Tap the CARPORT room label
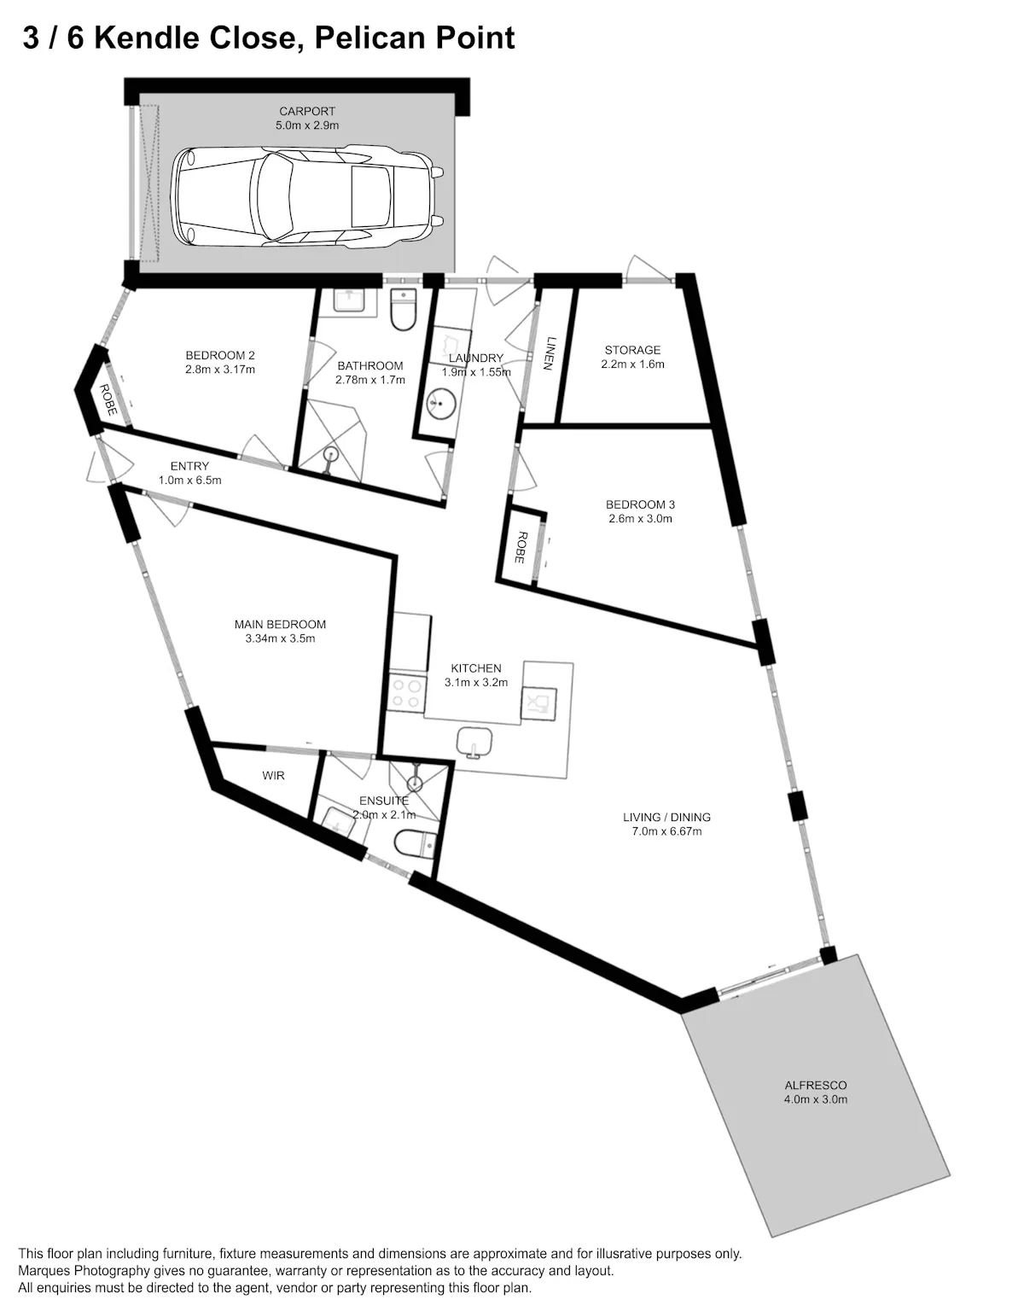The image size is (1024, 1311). (307, 112)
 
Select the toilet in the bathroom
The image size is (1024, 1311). (403, 309)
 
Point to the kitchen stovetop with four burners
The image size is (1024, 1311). (406, 694)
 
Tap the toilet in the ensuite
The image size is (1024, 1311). (415, 843)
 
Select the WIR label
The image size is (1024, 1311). (273, 776)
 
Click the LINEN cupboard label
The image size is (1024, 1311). (548, 353)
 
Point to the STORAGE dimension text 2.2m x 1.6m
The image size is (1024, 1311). (632, 364)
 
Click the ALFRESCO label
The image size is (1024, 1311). (815, 1086)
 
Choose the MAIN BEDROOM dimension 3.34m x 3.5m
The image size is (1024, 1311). (280, 639)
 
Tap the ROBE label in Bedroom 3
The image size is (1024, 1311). (520, 547)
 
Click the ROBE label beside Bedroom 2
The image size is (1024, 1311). (108, 400)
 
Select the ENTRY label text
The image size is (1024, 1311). (189, 466)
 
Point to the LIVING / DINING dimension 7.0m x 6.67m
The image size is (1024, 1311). (666, 831)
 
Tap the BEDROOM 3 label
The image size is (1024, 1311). (640, 504)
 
